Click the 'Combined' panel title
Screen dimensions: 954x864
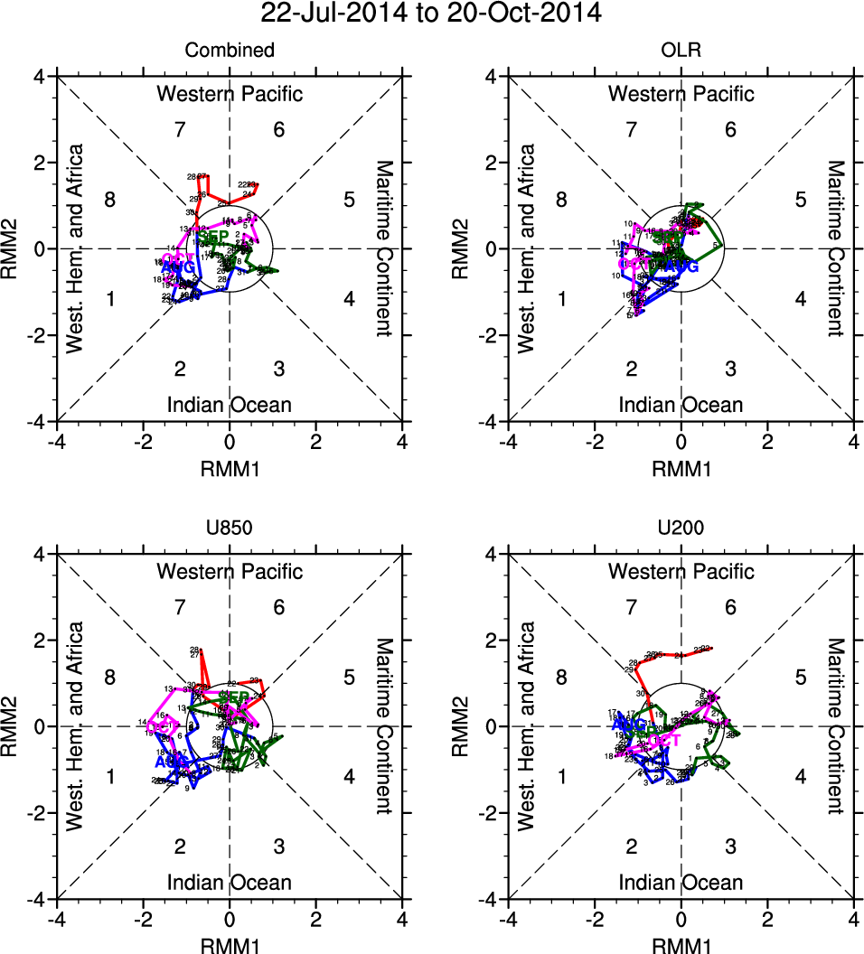[x=230, y=51]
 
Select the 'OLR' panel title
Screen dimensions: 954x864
[x=681, y=51]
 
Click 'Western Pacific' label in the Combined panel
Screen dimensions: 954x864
[x=230, y=94]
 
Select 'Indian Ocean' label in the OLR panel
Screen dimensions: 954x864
[x=681, y=405]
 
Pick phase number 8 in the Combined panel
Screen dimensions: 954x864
[x=110, y=200]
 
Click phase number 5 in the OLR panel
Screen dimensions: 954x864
[x=800, y=200]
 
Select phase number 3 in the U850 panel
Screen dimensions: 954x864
[x=279, y=846]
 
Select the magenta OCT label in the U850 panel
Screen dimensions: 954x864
[x=160, y=725]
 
